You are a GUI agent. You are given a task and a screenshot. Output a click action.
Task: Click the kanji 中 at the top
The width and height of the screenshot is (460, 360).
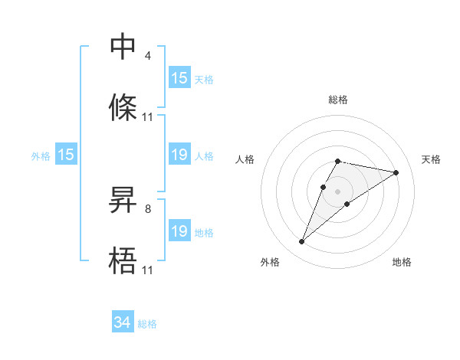point(123,47)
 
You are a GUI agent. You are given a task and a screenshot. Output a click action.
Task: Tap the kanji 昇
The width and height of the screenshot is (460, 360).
point(123,201)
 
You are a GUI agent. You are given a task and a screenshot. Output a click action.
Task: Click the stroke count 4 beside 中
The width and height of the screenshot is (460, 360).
point(147,55)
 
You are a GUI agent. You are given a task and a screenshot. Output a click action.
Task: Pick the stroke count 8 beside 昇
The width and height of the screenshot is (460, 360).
point(147,208)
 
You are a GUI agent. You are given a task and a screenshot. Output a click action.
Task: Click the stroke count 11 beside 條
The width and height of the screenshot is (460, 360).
point(148,116)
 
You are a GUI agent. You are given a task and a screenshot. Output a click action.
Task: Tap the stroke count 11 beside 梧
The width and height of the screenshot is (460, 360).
point(148,270)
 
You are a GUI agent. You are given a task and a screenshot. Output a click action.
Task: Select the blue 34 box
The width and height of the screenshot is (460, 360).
point(123,322)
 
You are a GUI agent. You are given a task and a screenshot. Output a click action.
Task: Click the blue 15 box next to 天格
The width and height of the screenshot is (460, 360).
point(179,77)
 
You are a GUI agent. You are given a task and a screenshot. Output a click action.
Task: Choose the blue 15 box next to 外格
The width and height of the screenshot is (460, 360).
point(66,155)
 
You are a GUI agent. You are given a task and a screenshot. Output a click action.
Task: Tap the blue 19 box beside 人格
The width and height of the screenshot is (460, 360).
point(179,155)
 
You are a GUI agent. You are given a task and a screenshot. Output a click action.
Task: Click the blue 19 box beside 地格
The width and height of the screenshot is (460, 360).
point(179,231)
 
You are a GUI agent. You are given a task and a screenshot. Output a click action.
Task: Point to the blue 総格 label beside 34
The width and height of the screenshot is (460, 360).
point(147,324)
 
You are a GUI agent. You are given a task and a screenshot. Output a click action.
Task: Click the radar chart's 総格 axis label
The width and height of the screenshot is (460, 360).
point(338,100)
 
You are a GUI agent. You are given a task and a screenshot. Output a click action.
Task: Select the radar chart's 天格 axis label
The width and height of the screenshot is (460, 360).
point(432,159)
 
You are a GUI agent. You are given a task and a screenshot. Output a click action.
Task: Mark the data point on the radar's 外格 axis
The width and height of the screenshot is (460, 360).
point(302,241)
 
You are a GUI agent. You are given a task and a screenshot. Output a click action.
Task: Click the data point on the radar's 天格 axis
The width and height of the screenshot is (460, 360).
point(396,172)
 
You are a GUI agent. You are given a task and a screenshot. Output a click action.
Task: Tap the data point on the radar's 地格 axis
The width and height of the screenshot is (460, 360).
point(347,204)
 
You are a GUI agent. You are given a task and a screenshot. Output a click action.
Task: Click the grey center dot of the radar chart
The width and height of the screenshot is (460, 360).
point(338,191)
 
